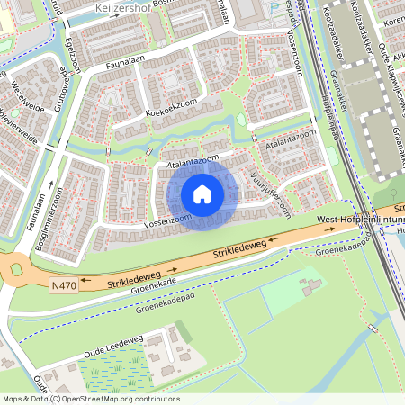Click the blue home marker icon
202,193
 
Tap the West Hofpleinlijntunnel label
360,219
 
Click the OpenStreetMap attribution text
91,398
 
